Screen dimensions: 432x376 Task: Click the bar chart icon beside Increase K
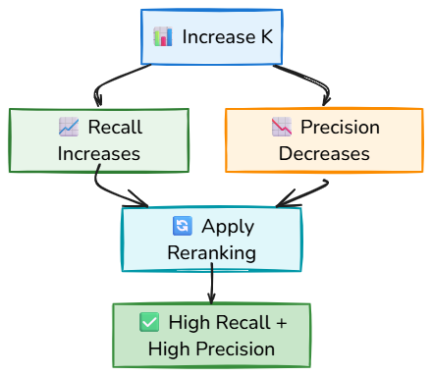163,36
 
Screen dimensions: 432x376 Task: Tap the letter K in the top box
266,36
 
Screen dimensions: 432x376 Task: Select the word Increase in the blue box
219,36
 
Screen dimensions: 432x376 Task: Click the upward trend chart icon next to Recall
69,127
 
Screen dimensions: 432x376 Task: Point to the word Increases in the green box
99,154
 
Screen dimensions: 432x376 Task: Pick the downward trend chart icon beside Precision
282,127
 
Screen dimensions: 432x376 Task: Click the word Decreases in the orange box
324,153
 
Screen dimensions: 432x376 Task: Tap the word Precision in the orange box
340,127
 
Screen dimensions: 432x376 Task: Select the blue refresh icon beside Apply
183,226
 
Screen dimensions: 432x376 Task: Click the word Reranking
212,253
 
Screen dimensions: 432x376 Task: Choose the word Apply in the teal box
228,227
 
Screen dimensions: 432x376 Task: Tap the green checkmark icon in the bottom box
149,322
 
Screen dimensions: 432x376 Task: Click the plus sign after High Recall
282,323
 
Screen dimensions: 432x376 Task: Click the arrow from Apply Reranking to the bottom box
212,284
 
